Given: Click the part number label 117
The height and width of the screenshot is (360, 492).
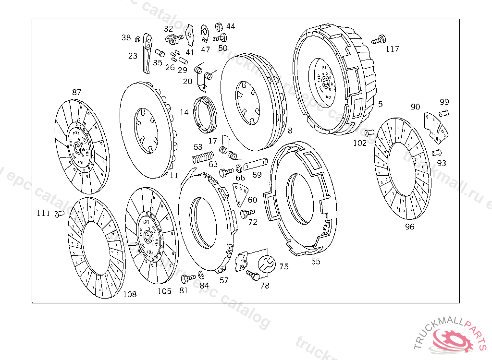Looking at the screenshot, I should [392, 49].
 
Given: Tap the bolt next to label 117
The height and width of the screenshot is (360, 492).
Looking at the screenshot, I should [380, 38].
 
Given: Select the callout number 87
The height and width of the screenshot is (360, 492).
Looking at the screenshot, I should [77, 92].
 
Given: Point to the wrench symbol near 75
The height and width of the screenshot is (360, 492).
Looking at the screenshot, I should [267, 264].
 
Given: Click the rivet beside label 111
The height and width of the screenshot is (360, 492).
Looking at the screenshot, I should [59, 214].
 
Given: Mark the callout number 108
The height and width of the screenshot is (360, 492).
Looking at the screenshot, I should [130, 294].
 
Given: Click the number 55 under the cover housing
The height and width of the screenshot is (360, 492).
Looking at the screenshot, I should [316, 262].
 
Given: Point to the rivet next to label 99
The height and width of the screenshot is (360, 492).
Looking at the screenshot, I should [443, 113].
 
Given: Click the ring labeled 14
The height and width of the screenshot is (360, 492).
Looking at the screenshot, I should [205, 114].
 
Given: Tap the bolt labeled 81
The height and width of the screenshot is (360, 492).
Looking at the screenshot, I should [187, 277].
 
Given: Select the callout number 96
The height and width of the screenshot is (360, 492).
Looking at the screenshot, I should [409, 227].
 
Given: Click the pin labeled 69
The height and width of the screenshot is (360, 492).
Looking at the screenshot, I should [255, 164].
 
